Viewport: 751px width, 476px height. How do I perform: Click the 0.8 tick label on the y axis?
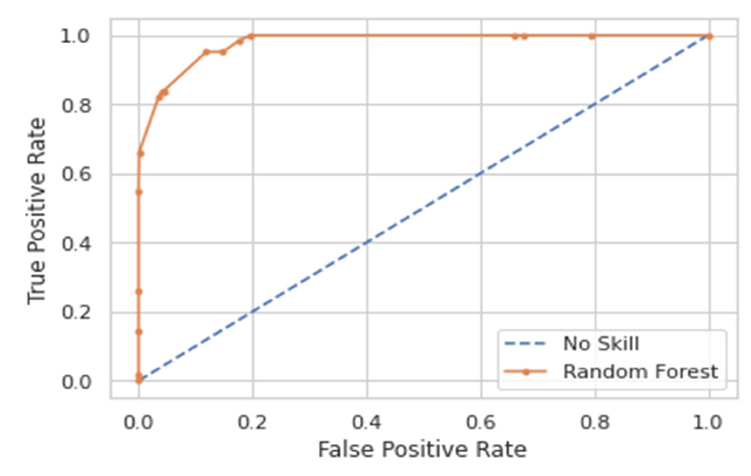pos(76,105)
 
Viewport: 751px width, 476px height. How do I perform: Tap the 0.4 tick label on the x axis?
pos(367,422)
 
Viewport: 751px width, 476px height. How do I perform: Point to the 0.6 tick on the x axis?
pos(481,422)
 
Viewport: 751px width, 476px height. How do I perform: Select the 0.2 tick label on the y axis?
pos(76,313)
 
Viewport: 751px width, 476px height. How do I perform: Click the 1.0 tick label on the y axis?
pos(75,36)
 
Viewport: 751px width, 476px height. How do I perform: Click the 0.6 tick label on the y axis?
pos(76,174)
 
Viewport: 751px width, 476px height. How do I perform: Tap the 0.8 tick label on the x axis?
pos(595,422)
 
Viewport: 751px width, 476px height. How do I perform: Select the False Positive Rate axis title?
pos(422,450)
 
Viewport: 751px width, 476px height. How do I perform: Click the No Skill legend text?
pos(601,344)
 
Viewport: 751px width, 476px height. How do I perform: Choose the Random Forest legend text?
pos(640,372)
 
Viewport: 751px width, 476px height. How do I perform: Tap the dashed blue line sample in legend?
pos(525,344)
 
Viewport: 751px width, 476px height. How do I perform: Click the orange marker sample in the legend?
pos(526,372)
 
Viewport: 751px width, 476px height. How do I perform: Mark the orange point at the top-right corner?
pos(710,36)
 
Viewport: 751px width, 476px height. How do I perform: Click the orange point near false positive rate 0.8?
pos(591,36)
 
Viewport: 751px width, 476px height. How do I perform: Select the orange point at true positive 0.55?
pos(139,192)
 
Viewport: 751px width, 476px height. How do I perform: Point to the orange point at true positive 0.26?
pos(139,292)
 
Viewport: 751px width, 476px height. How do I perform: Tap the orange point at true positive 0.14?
pos(139,332)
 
